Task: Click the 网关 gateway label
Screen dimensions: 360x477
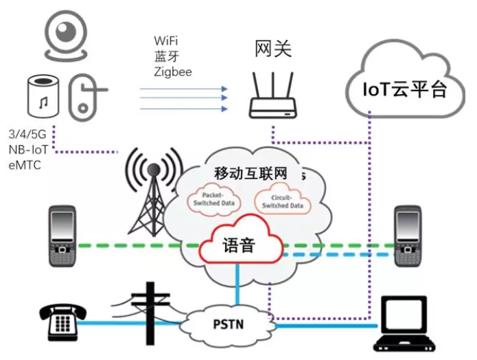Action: click(x=272, y=49)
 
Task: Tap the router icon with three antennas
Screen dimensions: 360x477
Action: click(x=272, y=95)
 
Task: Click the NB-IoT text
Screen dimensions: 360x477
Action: click(x=29, y=149)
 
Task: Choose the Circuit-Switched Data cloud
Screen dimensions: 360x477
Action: click(x=281, y=200)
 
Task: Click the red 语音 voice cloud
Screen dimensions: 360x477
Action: click(x=240, y=245)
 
